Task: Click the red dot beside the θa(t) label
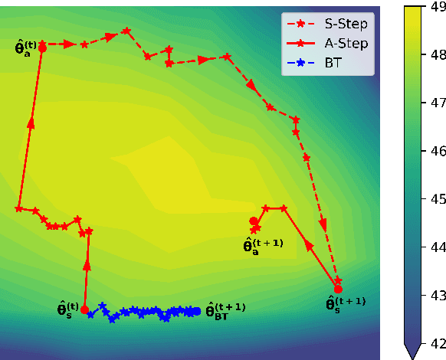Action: tap(42, 47)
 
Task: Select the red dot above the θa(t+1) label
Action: tap(254, 221)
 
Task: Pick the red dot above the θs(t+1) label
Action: tap(338, 289)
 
